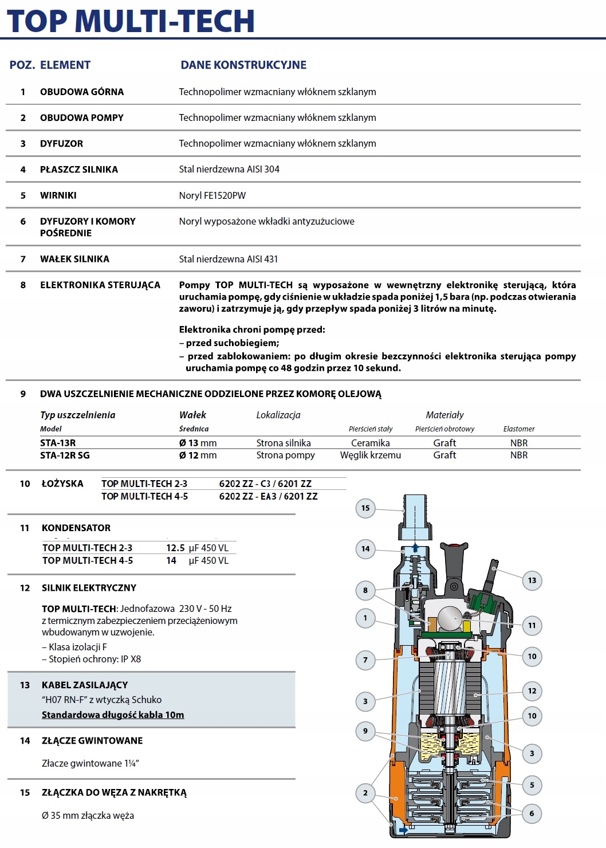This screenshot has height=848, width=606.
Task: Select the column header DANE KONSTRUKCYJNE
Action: click(x=243, y=65)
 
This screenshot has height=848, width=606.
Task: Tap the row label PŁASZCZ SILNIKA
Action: click(x=79, y=170)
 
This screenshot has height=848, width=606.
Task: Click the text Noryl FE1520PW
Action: click(x=213, y=195)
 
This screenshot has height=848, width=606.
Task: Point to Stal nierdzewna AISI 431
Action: click(x=229, y=259)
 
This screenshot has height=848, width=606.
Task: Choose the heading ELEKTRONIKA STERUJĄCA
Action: click(x=100, y=285)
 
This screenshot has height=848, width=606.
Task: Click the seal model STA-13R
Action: click(x=58, y=443)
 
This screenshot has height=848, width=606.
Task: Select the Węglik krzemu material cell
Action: click(x=371, y=455)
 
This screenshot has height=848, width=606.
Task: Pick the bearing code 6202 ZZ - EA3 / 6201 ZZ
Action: click(x=268, y=496)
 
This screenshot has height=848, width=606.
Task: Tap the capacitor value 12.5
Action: click(x=175, y=548)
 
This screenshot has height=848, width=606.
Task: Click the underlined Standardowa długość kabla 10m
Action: click(x=113, y=714)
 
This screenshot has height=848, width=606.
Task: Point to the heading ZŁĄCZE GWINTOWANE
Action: click(x=92, y=741)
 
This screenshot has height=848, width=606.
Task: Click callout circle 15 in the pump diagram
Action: click(x=365, y=508)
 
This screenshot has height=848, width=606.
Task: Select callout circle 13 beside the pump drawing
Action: click(x=532, y=580)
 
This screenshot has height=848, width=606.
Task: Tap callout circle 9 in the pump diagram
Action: click(x=365, y=731)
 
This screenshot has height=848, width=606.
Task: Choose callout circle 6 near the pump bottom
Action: click(x=532, y=813)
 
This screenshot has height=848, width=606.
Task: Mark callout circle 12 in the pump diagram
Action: click(x=532, y=691)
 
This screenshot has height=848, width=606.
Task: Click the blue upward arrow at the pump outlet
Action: click(x=415, y=547)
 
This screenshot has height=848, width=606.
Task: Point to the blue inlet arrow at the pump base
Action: click(x=403, y=829)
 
